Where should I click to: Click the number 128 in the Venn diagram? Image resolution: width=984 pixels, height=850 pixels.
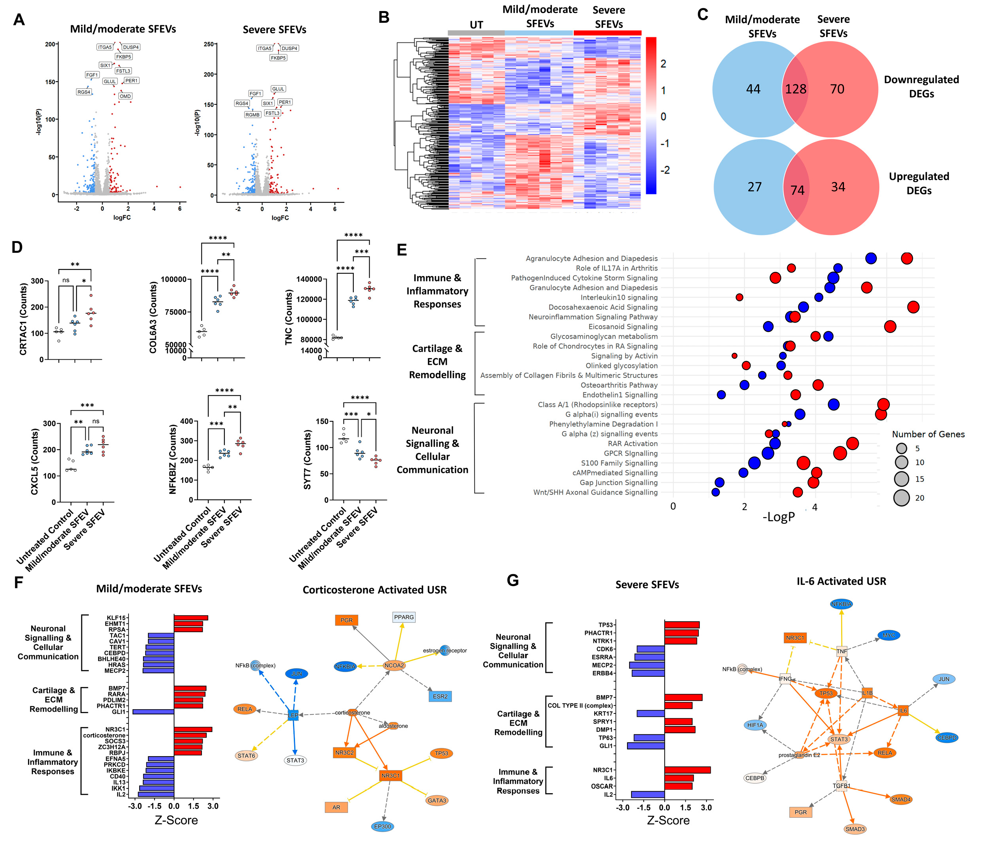pyautogui.click(x=795, y=89)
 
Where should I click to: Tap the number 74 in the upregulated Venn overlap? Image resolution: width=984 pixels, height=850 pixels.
pyautogui.click(x=797, y=191)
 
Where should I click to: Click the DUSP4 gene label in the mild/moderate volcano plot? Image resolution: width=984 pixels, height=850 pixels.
pyautogui.click(x=131, y=47)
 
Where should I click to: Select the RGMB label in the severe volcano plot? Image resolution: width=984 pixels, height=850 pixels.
pyautogui.click(x=252, y=114)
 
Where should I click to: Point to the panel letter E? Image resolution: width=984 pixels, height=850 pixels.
pyautogui.click(x=402, y=250)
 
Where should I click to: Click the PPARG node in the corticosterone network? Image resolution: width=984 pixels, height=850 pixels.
pyautogui.click(x=404, y=617)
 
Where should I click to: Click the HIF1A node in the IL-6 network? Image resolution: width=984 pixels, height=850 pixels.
pyautogui.click(x=755, y=725)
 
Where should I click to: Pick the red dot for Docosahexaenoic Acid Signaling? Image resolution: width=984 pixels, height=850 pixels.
pyautogui.click(x=913, y=307)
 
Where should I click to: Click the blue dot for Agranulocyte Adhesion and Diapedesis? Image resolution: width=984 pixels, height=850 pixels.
pyautogui.click(x=870, y=258)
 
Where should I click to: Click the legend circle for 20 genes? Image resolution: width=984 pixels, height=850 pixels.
pyautogui.click(x=901, y=498)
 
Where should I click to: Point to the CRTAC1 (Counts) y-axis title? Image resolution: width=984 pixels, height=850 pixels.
pyautogui.click(x=23, y=319)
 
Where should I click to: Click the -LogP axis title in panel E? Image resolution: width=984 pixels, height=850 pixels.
pyautogui.click(x=779, y=517)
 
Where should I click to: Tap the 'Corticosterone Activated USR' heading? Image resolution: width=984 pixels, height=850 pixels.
pyautogui.click(x=374, y=590)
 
